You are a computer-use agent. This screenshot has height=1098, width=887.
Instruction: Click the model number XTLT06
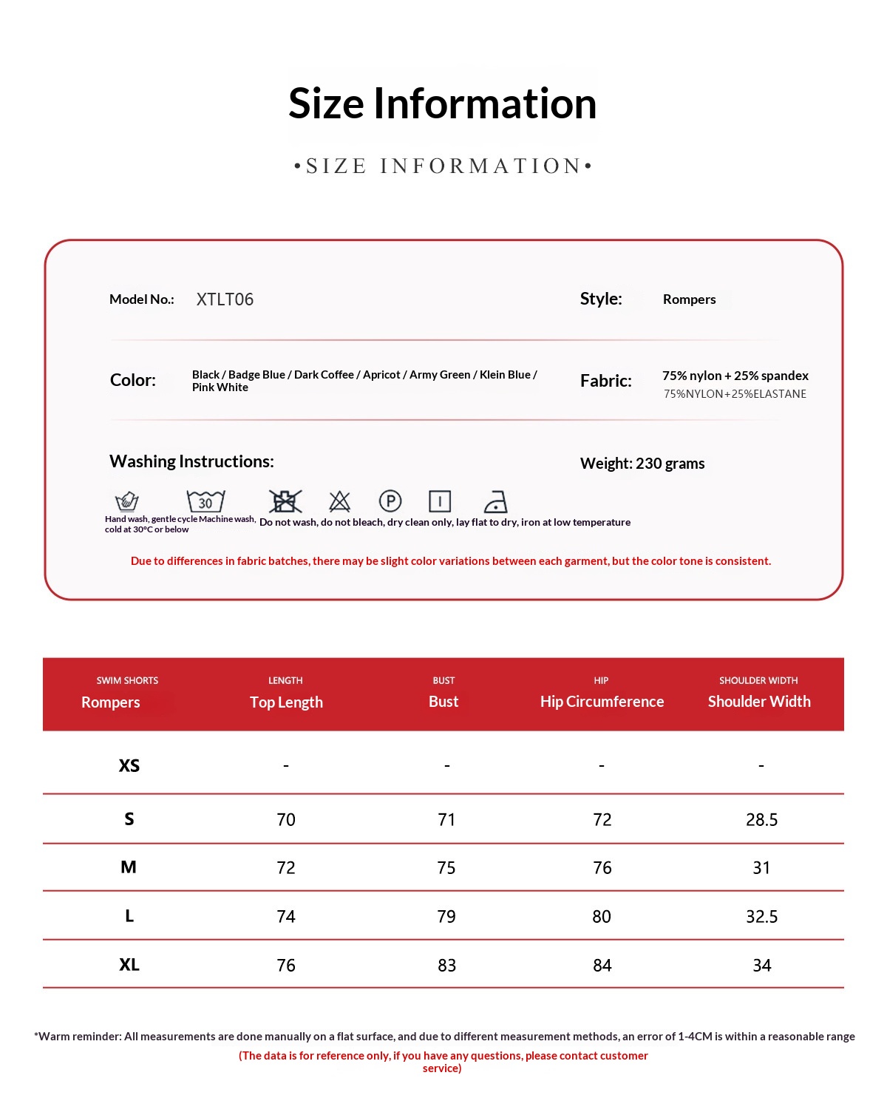click(225, 299)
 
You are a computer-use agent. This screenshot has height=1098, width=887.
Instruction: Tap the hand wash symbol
click(127, 501)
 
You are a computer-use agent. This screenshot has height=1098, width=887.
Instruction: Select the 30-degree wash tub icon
click(205, 501)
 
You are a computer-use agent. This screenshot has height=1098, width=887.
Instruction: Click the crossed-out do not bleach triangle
click(339, 501)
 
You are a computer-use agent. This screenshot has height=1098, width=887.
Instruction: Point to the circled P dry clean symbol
click(390, 501)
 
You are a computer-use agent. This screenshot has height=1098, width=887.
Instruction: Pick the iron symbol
click(495, 502)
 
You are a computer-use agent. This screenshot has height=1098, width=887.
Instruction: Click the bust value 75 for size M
click(446, 868)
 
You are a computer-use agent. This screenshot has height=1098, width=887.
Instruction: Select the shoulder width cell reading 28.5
click(761, 819)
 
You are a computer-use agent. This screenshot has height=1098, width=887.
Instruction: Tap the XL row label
click(129, 965)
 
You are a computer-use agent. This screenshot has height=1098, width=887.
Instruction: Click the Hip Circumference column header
click(602, 702)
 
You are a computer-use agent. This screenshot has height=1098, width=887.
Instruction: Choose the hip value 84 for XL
click(602, 966)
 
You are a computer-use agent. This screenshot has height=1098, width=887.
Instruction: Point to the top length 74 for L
click(286, 917)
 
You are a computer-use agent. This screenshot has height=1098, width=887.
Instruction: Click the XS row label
click(129, 765)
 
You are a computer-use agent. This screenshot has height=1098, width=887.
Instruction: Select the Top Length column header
click(286, 702)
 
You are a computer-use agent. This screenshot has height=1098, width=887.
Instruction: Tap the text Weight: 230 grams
click(642, 464)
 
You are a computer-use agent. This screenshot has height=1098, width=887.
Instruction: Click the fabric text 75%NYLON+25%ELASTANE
click(735, 394)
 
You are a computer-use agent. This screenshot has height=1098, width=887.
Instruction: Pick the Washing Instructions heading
click(191, 461)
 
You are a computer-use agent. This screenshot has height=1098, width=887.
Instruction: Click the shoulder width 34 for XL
click(761, 966)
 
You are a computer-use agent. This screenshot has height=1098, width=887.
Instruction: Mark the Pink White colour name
click(220, 387)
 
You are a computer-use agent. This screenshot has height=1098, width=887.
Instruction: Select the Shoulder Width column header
click(759, 702)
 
